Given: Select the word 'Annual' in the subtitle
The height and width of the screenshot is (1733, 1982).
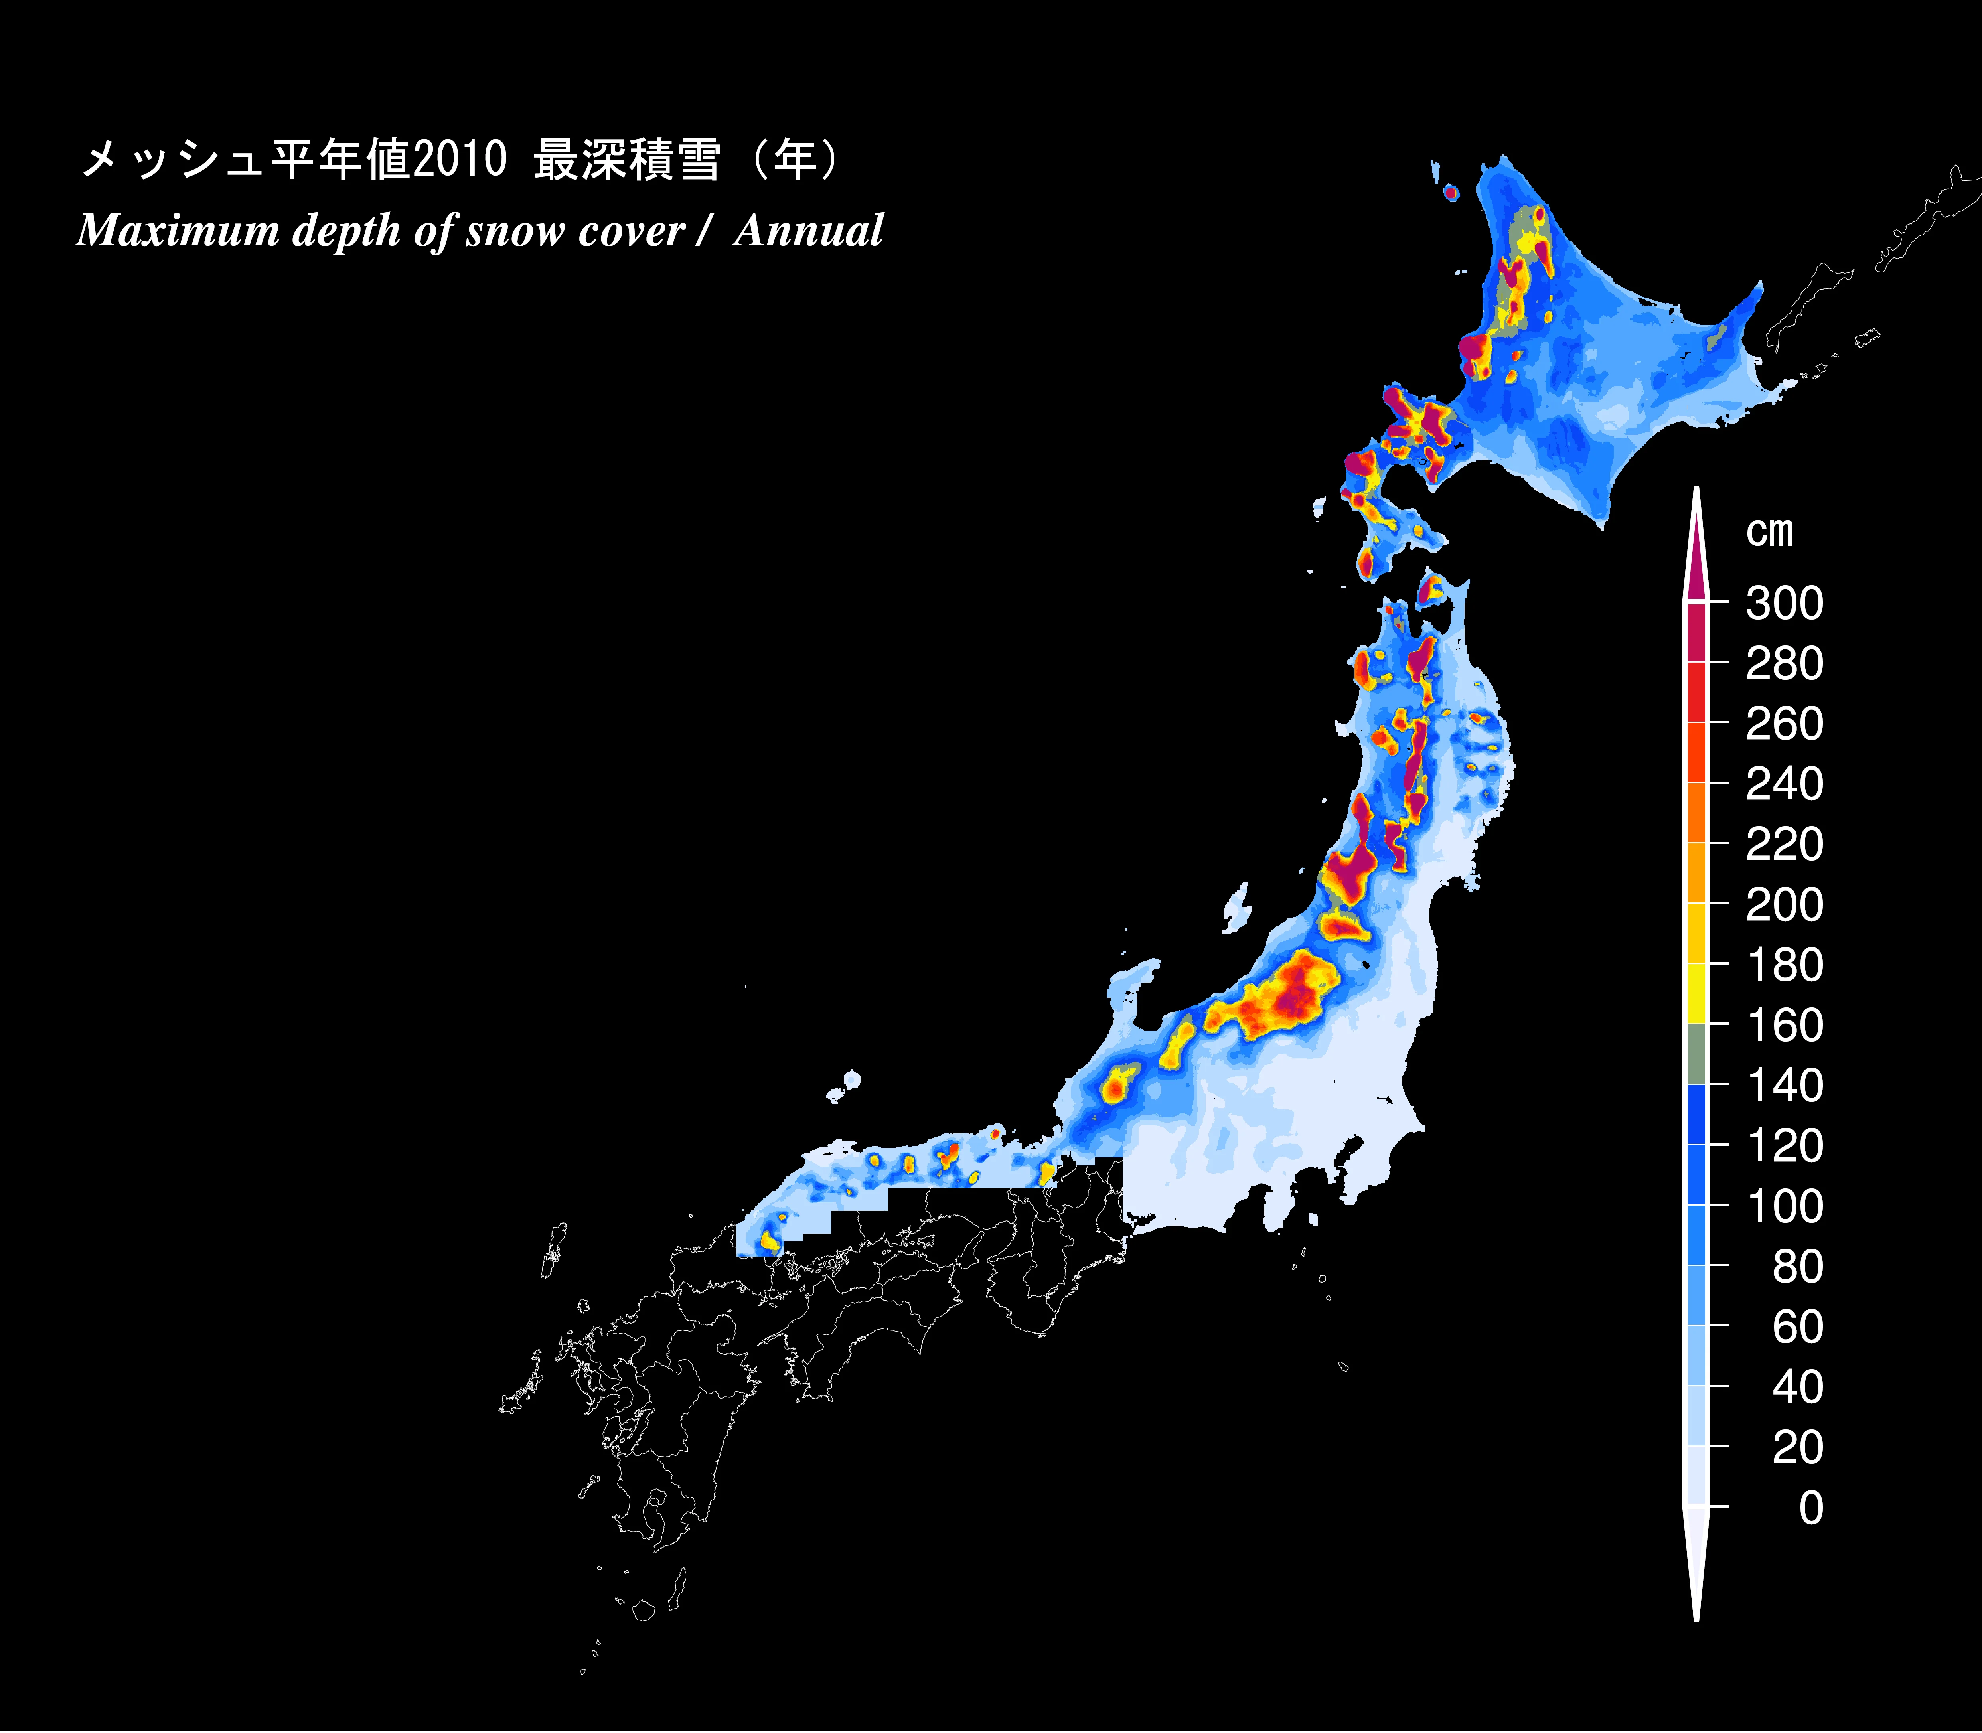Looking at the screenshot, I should pyautogui.click(x=808, y=231).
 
